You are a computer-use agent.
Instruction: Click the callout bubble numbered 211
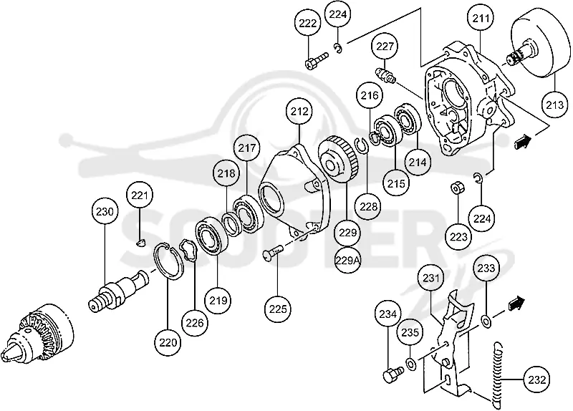[481, 17]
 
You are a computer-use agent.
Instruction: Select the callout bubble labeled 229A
[347, 260]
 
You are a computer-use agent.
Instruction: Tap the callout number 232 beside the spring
[536, 379]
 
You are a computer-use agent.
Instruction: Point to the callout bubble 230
[105, 211]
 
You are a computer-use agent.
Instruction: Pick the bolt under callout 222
[317, 61]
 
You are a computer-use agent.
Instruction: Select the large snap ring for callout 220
[169, 261]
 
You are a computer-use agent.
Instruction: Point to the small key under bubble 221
[140, 242]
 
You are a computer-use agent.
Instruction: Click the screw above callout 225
[274, 252]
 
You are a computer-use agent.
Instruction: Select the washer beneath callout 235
[410, 364]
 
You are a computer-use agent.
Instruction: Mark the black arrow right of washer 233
[516, 303]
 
